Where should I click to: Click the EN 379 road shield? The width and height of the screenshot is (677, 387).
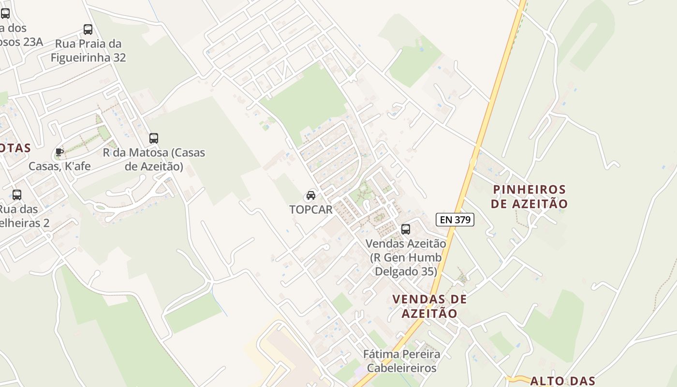click(x=455, y=220)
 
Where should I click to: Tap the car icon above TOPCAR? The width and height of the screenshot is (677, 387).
click(x=310, y=195)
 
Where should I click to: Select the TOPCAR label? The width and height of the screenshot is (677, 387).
click(x=310, y=209)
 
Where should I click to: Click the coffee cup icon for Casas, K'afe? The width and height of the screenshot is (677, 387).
click(x=59, y=152)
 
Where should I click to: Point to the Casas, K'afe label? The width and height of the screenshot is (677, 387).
click(x=59, y=166)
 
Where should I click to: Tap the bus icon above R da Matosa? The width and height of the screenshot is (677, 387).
click(x=154, y=138)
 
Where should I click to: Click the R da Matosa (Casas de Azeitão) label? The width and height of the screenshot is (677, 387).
click(x=154, y=160)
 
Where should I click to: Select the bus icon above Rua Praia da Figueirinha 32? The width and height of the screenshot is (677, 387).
click(x=88, y=30)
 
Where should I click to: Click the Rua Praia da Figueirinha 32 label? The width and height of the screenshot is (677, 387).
click(x=88, y=51)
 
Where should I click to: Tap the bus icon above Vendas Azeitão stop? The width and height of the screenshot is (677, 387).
click(x=406, y=229)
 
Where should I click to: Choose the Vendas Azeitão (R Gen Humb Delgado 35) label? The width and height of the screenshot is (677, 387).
click(x=405, y=257)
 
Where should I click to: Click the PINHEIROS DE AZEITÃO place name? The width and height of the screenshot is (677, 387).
click(x=529, y=196)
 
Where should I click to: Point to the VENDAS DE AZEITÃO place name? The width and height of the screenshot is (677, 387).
click(x=429, y=306)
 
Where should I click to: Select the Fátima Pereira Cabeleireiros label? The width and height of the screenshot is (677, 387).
click(x=402, y=361)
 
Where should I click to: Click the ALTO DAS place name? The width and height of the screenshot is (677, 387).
click(x=562, y=381)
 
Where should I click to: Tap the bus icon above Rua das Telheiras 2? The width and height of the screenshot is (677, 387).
click(x=17, y=195)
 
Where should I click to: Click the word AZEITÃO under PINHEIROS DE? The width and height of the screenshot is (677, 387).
click(x=529, y=204)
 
